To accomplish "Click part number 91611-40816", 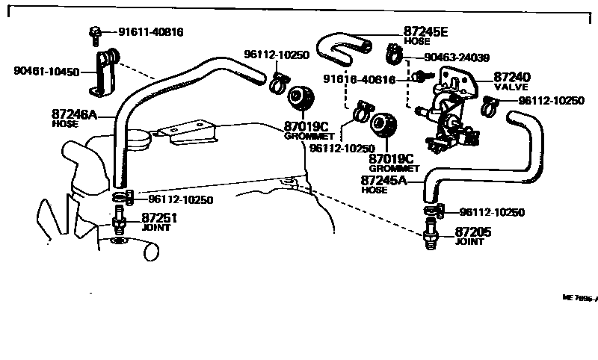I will pos(151,32).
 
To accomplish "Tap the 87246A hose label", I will pos(74,115).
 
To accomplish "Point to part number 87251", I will pos(160,217).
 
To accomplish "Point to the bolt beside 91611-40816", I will pos(96,33).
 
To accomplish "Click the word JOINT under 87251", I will pos(156,227).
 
